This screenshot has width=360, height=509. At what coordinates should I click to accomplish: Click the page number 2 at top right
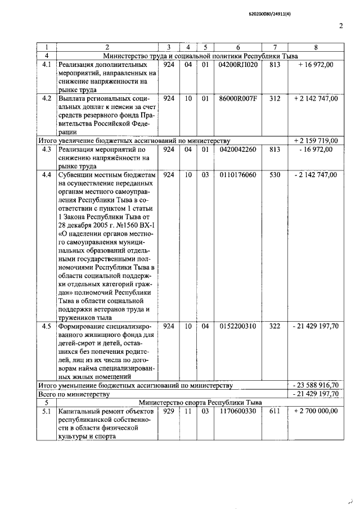click(341, 25)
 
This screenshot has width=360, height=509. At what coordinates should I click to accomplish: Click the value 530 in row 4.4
click(274, 175)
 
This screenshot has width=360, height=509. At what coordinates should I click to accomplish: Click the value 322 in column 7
click(274, 326)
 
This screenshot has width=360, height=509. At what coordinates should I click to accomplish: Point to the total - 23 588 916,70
click(316, 385)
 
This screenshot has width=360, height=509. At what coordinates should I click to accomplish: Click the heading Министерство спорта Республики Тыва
click(200, 402)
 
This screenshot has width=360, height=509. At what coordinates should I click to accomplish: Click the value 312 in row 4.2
click(274, 98)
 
